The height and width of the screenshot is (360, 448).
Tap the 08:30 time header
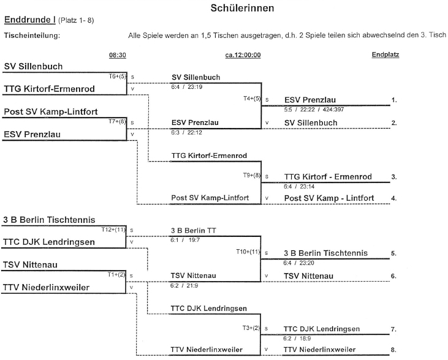pos(118,54)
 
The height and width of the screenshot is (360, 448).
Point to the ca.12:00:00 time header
pos(243,54)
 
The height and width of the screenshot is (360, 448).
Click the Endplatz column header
pos(385,54)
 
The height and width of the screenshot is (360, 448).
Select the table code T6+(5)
pos(117,77)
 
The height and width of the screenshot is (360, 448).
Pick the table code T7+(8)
pos(117,122)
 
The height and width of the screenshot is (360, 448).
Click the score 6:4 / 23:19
pos(188,87)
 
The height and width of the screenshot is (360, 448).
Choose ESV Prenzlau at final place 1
pos(310,100)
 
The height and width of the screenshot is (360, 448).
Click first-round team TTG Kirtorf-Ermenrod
pos(50,89)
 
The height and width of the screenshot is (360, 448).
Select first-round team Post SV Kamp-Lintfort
pos(51,111)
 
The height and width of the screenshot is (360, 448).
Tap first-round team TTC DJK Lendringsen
pos(49,242)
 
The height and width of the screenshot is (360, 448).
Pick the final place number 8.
pos(393,350)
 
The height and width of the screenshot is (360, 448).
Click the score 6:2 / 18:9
pos(299,337)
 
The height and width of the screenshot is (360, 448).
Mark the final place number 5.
pos(393,253)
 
